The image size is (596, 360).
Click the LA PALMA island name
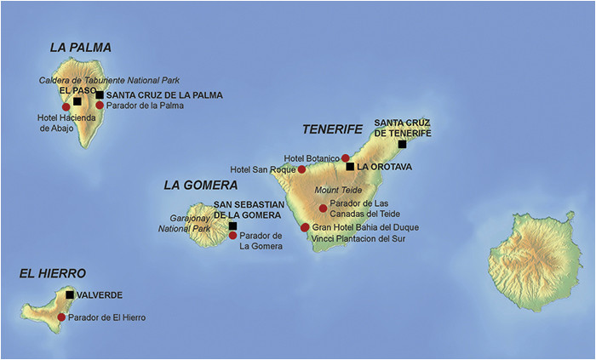(x=80, y=48)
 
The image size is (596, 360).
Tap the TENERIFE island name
(x=332, y=129)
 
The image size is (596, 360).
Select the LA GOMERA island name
(x=200, y=185)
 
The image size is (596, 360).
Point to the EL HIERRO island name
(x=52, y=273)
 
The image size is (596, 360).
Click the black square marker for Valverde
(x=69, y=295)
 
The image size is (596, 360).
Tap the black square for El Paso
(x=77, y=101)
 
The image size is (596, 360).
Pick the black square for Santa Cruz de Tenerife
(x=402, y=144)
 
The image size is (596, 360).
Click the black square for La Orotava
(x=350, y=167)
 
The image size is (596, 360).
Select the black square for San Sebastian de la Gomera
(x=232, y=226)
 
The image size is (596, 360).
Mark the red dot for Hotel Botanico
(x=345, y=158)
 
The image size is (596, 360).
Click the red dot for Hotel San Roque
(x=301, y=169)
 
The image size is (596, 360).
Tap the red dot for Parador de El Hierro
(x=60, y=317)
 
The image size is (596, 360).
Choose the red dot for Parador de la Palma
(x=100, y=106)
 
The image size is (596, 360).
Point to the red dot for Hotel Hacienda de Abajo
(x=66, y=107)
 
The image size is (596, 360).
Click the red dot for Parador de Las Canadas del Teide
(x=323, y=208)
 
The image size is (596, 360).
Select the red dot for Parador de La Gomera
(x=232, y=236)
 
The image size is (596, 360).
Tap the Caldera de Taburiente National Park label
(x=109, y=80)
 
